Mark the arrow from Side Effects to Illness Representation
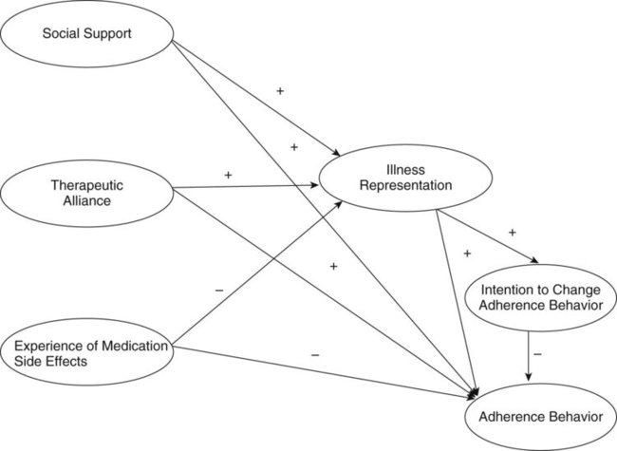[256, 275]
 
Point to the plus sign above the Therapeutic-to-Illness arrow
[228, 176]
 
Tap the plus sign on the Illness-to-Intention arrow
[512, 232]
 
